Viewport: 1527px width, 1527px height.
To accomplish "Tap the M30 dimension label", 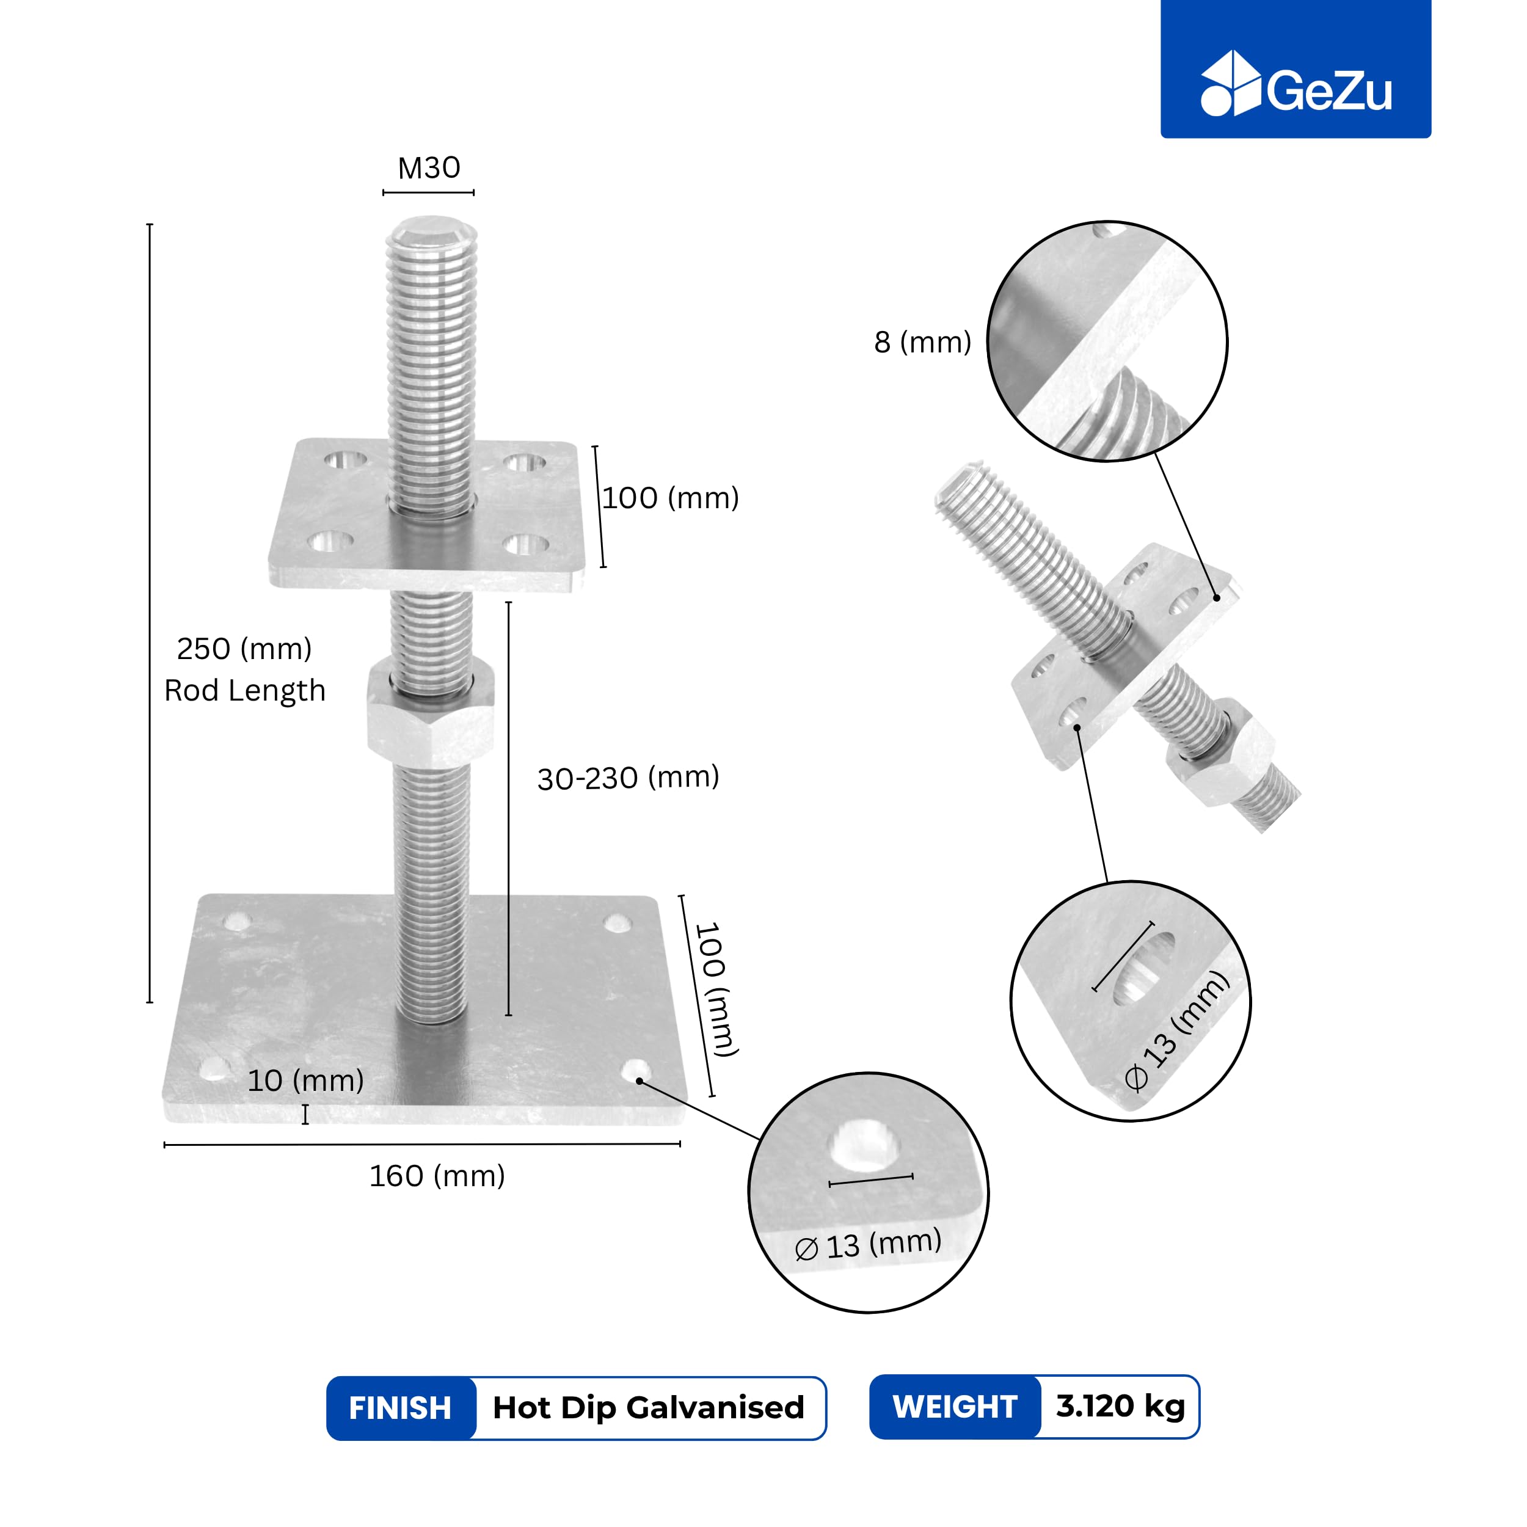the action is [428, 167].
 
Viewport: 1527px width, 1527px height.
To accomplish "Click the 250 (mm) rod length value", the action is [244, 649].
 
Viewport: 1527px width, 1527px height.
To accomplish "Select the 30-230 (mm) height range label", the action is [629, 778].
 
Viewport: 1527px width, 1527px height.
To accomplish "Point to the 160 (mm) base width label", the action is [437, 1176].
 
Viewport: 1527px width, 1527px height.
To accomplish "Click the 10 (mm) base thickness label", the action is [306, 1081].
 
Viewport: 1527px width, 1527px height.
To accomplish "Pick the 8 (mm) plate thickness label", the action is [922, 342].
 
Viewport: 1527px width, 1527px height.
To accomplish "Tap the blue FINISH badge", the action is [401, 1409].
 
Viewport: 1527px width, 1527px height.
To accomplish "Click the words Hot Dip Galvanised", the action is [648, 1408].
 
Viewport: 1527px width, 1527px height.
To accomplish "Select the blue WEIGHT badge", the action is [955, 1407].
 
